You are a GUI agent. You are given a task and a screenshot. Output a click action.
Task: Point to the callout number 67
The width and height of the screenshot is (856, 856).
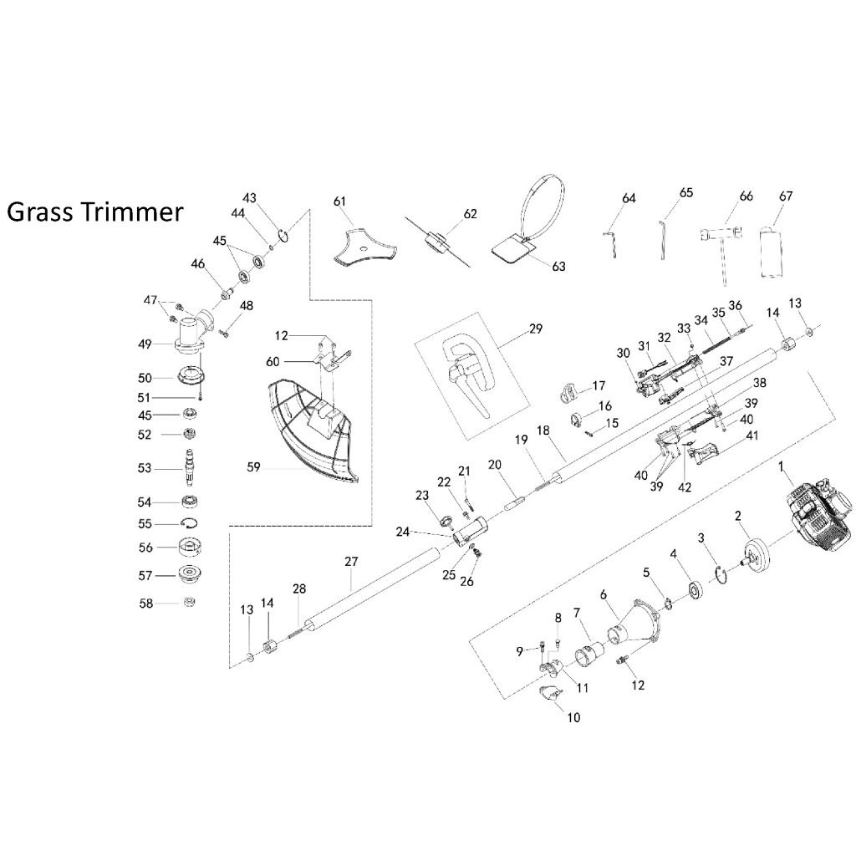coord(785,196)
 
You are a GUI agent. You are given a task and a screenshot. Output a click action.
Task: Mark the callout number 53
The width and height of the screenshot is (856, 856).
coord(145,468)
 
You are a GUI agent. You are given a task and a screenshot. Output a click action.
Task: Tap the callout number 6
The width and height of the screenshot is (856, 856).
coord(604,594)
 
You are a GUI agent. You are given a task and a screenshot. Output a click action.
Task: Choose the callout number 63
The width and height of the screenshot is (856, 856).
coord(558,266)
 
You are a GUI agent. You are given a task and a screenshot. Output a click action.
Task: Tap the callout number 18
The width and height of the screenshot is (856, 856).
coord(543,429)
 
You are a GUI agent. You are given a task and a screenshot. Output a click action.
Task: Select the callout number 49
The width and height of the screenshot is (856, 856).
coord(145,343)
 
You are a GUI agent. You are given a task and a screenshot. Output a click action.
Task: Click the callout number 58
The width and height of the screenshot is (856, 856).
coord(145,602)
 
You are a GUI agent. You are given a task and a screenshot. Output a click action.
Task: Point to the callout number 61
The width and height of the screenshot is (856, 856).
coord(339,201)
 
